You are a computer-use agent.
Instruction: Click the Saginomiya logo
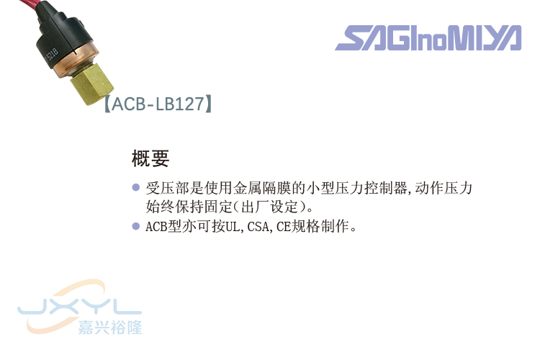428,37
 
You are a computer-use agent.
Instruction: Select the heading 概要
150,158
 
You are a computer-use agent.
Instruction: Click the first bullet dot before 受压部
135,188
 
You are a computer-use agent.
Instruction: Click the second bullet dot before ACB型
135,226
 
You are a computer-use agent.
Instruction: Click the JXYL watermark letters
79,307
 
